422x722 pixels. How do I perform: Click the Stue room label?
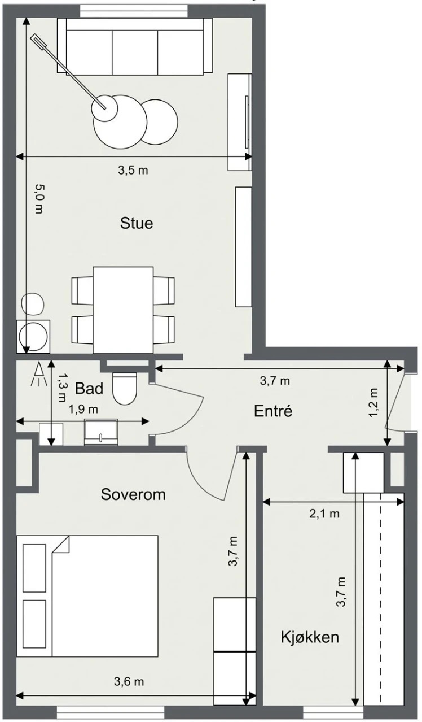(x=136, y=223)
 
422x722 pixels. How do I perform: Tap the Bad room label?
(x=89, y=388)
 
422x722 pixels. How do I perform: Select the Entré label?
(x=273, y=411)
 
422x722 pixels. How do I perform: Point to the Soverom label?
(x=133, y=494)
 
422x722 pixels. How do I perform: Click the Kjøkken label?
(x=310, y=637)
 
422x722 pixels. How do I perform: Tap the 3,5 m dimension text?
(x=133, y=170)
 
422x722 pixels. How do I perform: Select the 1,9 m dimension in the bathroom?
(x=83, y=410)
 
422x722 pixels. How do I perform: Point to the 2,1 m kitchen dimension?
(x=324, y=514)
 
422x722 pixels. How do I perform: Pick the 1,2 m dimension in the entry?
(x=373, y=402)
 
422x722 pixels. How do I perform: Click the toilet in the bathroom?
(x=125, y=388)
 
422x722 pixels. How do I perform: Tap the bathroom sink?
(x=101, y=432)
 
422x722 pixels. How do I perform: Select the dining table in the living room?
(x=123, y=310)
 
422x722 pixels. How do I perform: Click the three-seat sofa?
(x=134, y=46)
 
